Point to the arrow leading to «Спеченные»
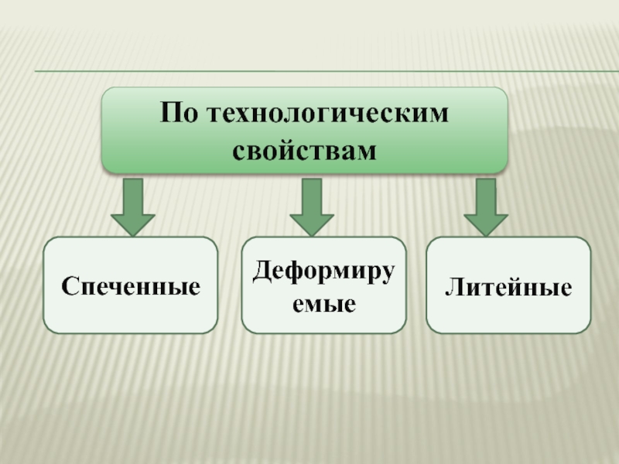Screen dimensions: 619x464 tap(133, 205)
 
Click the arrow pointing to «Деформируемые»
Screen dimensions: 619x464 tap(311, 205)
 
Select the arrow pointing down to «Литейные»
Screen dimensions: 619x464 tap(486, 205)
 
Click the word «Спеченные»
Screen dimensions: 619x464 tap(131, 287)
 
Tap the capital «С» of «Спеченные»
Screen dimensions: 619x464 tap(67, 287)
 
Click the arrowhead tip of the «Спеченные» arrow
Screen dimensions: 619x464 tap(133, 233)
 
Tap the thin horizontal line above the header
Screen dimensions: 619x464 tap(325, 73)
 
